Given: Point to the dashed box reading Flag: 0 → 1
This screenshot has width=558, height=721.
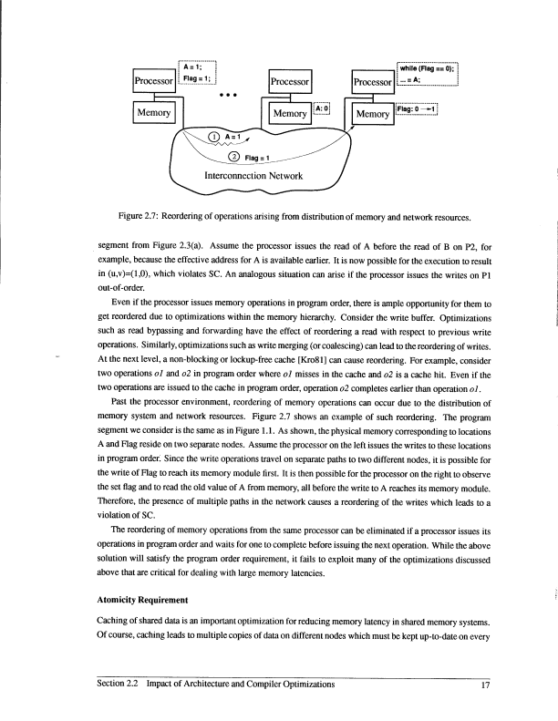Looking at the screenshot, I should coord(418,109).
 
